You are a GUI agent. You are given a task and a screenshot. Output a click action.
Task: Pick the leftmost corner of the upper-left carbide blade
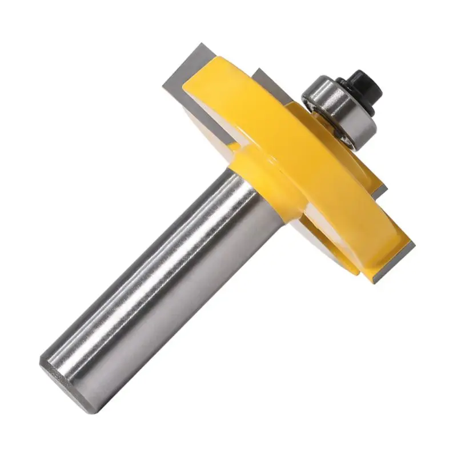click(162, 86)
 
